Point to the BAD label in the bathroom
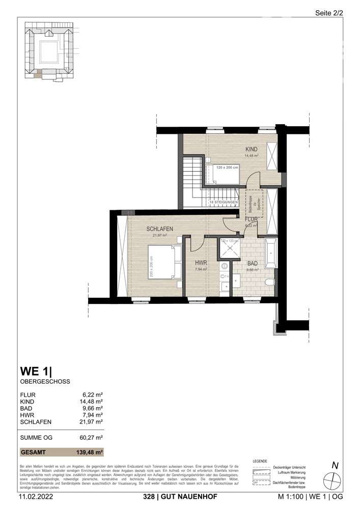(253, 264)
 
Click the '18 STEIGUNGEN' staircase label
(224, 203)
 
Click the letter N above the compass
(335, 464)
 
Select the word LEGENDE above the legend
(260, 461)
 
